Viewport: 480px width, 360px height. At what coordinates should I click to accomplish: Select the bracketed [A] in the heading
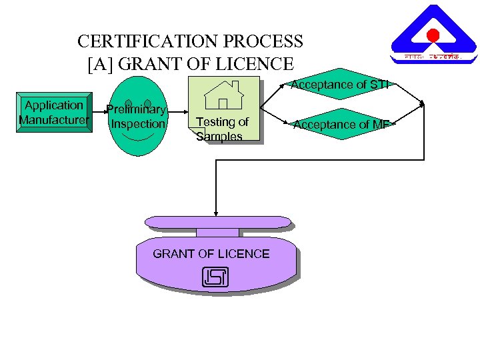pyautogui.click(x=100, y=64)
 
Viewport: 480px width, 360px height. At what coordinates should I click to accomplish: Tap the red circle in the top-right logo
pyautogui.click(x=433, y=35)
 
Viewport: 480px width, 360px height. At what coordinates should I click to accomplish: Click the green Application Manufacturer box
pyautogui.click(x=55, y=113)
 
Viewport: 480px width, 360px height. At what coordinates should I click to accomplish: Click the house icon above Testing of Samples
pyautogui.click(x=223, y=95)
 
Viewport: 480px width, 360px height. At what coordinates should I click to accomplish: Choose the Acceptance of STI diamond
pyautogui.click(x=339, y=85)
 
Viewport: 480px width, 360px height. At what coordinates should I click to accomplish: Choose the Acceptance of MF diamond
pyautogui.click(x=341, y=124)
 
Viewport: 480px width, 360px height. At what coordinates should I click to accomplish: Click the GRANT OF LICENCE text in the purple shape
pyautogui.click(x=211, y=254)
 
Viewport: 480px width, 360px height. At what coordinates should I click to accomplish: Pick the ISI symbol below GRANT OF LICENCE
pyautogui.click(x=214, y=277)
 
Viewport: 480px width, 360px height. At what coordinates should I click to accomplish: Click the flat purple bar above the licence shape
pyautogui.click(x=218, y=222)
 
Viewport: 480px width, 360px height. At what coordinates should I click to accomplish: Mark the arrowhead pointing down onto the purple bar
pyautogui.click(x=215, y=213)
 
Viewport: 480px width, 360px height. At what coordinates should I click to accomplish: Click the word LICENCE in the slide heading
pyautogui.click(x=257, y=64)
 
